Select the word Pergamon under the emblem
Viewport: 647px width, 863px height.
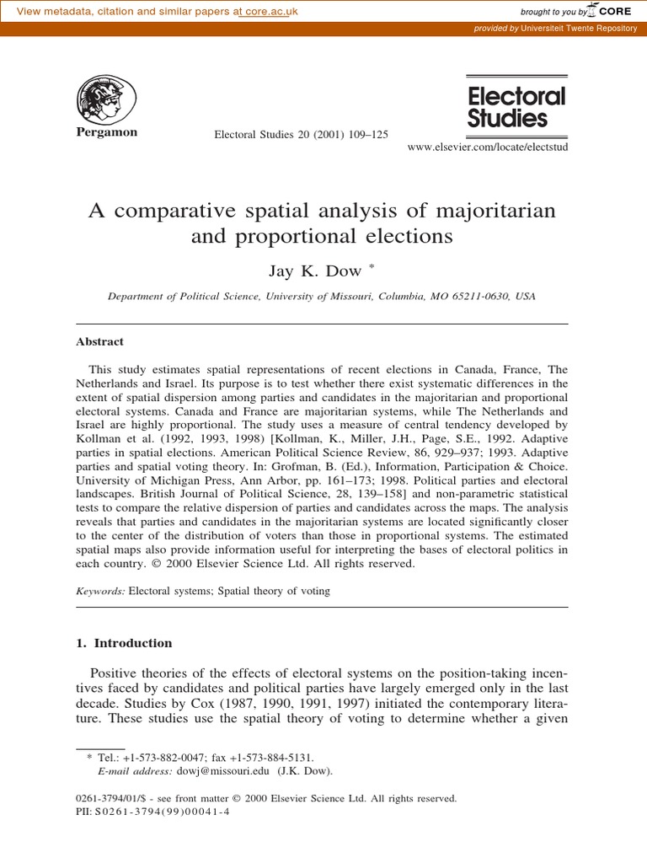[106, 133]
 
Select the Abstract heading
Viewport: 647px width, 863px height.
[99, 342]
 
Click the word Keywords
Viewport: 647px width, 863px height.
[100, 592]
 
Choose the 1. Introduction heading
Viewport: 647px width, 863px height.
[124, 643]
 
